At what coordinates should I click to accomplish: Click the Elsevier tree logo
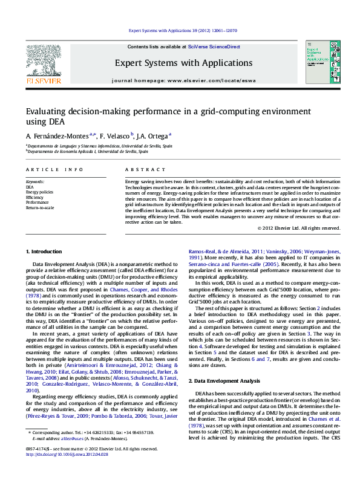[x=43, y=59]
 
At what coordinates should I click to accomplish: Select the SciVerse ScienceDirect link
[x=214, y=47]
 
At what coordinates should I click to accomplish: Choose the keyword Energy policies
[x=39, y=192]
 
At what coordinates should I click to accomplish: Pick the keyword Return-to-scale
[x=40, y=207]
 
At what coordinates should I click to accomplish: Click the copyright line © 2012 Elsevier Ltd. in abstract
[x=298, y=228]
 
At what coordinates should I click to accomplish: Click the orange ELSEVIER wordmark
[x=43, y=80]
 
